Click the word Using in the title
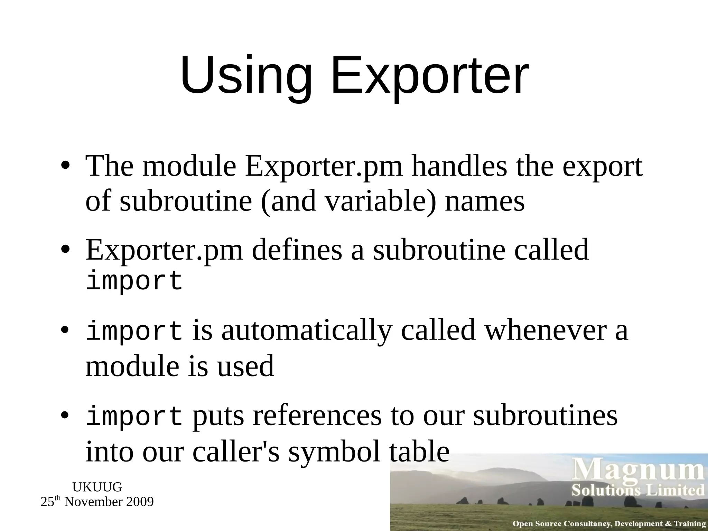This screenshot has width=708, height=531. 245,76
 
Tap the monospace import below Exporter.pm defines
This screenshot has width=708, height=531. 134,281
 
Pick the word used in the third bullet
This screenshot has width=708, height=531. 245,366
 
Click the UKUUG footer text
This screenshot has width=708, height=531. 97,487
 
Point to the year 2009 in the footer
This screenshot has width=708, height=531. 140,502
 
